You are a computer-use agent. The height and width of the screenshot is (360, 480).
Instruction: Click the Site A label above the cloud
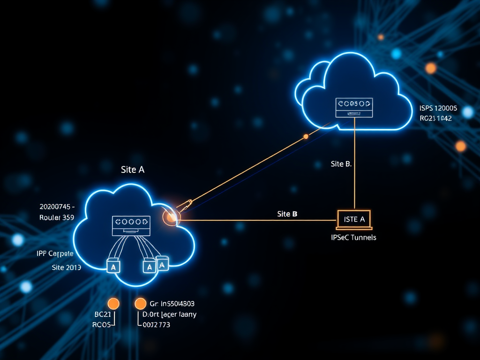133,170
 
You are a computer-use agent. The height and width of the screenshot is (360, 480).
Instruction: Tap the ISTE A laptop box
354,219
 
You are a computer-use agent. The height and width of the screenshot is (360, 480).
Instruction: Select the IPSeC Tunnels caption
353,237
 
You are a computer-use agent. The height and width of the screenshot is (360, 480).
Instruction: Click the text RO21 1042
435,119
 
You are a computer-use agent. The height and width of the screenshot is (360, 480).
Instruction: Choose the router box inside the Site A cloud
131,225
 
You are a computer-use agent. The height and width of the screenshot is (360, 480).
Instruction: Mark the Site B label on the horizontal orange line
287,214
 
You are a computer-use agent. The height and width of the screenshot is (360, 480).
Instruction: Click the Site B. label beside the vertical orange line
341,164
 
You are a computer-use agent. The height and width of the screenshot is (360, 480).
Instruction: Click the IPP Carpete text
55,254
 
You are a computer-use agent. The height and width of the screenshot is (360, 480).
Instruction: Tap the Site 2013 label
66,268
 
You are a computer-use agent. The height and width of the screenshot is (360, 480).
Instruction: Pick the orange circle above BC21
113,304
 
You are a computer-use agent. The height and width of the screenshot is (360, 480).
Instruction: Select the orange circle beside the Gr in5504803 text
140,304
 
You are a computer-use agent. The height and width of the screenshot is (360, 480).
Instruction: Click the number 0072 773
156,324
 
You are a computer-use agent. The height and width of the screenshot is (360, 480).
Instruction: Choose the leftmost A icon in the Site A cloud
114,266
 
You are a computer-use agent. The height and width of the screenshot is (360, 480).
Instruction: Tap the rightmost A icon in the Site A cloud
163,264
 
